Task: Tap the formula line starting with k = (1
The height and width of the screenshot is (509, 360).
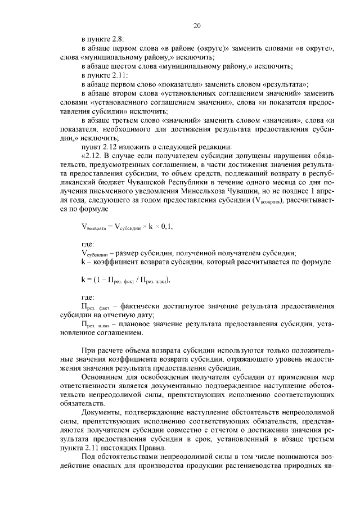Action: (x=124, y=280)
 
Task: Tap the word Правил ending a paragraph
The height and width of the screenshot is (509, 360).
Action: (x=152, y=447)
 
